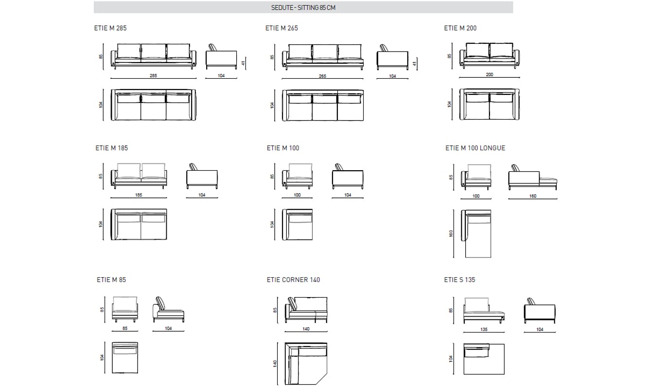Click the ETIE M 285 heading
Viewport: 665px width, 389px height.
tap(110, 28)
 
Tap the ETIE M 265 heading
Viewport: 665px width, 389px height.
tap(281, 28)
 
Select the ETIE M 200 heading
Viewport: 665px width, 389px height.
tap(460, 28)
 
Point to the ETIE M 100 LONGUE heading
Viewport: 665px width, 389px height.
tap(475, 148)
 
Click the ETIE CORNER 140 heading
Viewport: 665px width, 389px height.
tap(293, 280)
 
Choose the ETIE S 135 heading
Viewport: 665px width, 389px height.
tap(459, 280)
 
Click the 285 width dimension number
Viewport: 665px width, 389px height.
tap(153, 75)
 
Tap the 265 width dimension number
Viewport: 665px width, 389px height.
tap(322, 76)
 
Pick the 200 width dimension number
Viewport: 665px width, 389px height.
tap(489, 74)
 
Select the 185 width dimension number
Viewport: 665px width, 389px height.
tap(139, 195)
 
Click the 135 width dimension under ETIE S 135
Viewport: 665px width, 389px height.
tap(484, 329)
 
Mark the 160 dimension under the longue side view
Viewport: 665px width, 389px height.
tap(533, 196)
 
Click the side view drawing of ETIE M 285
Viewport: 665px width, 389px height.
tap(221, 57)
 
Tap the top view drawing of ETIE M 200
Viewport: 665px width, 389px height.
tap(490, 104)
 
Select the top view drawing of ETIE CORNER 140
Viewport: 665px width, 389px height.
tap(306, 364)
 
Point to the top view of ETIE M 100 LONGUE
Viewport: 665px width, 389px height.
tap(476, 234)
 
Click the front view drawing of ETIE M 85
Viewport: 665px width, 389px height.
tap(125, 309)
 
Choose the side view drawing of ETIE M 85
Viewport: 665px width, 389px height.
tap(168, 309)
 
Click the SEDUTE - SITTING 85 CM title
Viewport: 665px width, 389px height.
tap(303, 7)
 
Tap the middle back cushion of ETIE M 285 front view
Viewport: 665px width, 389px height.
tap(153, 52)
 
